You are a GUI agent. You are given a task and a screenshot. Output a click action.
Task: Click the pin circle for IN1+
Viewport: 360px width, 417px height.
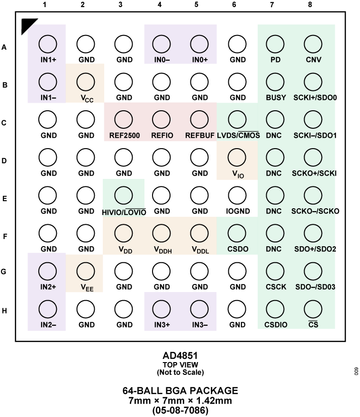click(48, 44)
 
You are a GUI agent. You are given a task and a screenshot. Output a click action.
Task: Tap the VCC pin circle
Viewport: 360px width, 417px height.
click(86, 82)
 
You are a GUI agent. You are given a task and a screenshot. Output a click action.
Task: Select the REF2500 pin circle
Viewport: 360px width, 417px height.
click(124, 120)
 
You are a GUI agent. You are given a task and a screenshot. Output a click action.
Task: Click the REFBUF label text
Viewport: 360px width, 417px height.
click(199, 135)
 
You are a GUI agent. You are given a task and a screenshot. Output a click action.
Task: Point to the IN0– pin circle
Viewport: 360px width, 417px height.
click(162, 44)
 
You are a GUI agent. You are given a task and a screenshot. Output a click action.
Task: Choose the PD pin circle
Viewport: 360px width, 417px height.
click(275, 44)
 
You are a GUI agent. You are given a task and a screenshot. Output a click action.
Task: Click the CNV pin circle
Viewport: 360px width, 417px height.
click(313, 44)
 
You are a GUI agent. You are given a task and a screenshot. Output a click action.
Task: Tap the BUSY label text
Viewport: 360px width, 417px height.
click(276, 98)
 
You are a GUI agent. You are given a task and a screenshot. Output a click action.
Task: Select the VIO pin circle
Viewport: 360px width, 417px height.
click(237, 157)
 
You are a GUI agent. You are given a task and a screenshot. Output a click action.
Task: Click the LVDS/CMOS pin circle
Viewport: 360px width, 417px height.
click(237, 120)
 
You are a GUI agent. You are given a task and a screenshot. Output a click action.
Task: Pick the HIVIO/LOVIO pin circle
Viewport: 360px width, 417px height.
click(124, 195)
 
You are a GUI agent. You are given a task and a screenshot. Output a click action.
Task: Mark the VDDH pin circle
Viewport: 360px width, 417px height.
click(162, 233)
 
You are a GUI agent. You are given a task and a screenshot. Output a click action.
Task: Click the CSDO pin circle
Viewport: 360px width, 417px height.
click(237, 233)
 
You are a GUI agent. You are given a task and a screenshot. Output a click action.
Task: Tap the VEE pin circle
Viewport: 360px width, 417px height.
click(86, 271)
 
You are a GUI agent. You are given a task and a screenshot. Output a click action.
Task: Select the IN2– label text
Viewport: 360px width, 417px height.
click(48, 325)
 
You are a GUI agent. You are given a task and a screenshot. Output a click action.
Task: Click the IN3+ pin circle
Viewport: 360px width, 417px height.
click(162, 309)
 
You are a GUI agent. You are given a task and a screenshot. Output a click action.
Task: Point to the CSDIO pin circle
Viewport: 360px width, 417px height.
click(275, 309)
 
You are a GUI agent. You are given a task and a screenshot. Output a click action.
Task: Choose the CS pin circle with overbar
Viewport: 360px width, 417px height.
click(313, 309)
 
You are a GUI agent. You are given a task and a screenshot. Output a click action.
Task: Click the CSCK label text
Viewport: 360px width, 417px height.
click(276, 287)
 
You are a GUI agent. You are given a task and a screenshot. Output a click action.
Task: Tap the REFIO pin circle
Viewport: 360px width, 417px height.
click(162, 120)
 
